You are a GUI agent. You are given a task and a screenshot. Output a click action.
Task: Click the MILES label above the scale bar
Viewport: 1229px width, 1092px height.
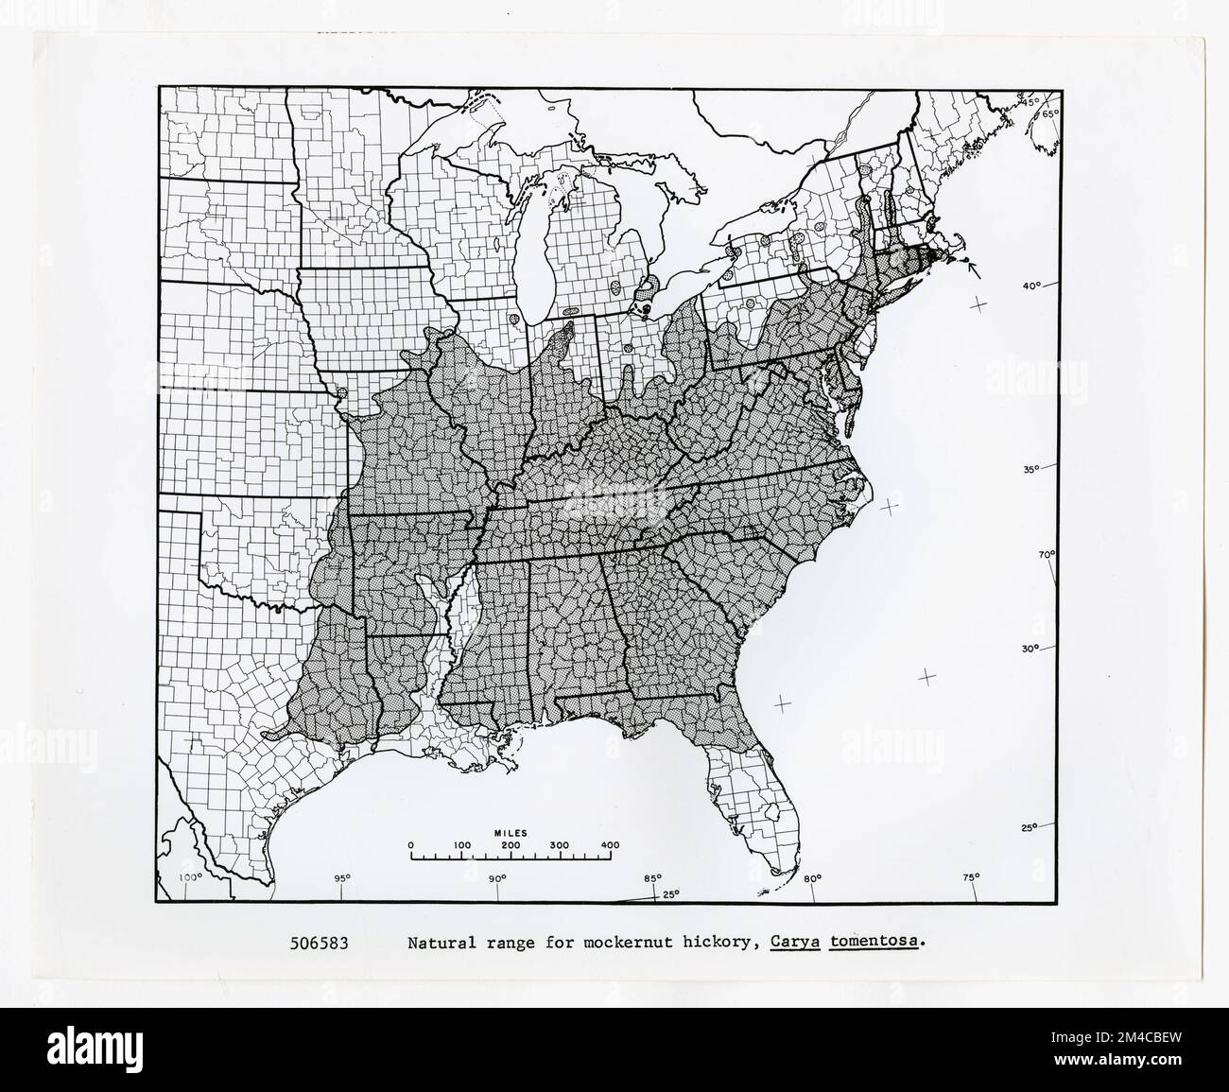(x=510, y=832)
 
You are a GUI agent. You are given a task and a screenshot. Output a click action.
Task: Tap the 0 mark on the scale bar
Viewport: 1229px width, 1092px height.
(x=410, y=845)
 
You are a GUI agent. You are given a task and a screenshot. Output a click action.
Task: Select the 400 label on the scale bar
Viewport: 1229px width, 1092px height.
(x=609, y=845)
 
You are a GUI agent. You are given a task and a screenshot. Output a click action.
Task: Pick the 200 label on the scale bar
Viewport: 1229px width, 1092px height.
(x=511, y=845)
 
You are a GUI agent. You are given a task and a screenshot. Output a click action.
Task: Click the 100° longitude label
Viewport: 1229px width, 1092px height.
(x=191, y=878)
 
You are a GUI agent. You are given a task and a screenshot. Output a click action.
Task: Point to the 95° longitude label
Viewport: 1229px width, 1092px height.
(x=342, y=878)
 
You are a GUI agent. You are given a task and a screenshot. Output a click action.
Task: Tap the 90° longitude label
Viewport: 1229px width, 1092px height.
(x=497, y=878)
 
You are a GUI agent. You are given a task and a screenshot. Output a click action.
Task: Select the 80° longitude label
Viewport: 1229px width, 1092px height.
(x=812, y=878)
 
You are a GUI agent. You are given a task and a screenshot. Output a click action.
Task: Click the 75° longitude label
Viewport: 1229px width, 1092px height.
(x=971, y=878)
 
